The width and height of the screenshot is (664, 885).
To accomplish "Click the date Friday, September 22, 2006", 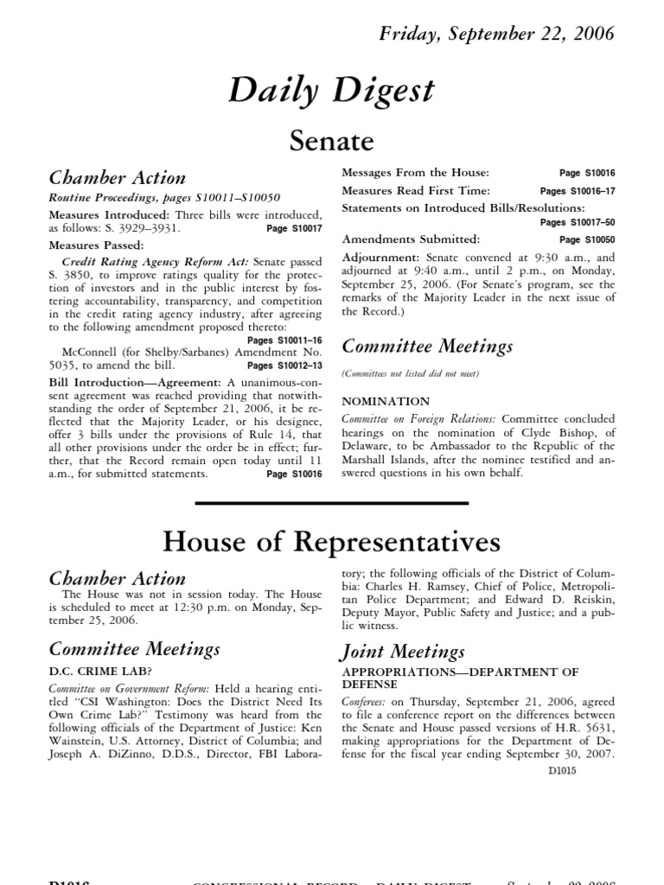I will tap(497, 34).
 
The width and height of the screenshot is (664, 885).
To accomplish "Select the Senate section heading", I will tap(332, 140).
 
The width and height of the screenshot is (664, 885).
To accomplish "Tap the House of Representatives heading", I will tap(332, 542).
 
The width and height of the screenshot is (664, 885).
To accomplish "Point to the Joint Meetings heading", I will tap(403, 651).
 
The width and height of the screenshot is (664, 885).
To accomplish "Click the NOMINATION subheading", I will tap(386, 401).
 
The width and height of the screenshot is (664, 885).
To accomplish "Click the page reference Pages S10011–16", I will tap(284, 341).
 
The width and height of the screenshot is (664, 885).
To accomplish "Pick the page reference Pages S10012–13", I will tap(284, 366).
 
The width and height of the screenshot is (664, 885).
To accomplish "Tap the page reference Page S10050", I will tap(587, 239).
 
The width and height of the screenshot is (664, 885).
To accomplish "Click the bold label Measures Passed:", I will tap(86, 245).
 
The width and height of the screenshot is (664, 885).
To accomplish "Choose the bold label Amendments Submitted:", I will tap(411, 239).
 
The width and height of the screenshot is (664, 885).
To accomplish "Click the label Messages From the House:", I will tap(415, 173).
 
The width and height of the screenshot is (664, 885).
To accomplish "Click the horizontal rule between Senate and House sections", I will tap(332, 503).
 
